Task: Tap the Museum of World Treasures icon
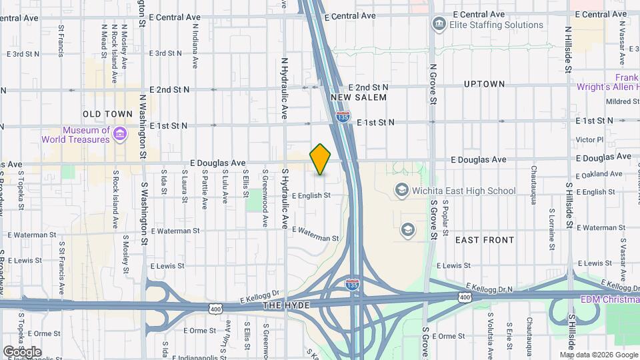pos(120,134)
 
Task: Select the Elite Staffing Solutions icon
pos(439,25)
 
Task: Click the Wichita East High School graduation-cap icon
pos(401,191)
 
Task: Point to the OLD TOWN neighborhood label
pos(108,114)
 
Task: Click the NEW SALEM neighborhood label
pos(359,97)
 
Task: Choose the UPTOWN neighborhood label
pos(485,84)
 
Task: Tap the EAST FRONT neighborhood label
pos(485,239)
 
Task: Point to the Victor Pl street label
pos(589,140)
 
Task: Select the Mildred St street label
pos(623,102)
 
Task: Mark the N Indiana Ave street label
pos(195,47)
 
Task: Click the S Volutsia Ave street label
pos(490,333)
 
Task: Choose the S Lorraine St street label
pos(552,227)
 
